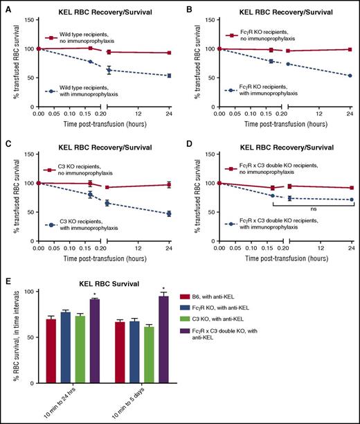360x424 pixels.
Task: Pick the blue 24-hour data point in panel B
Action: [350, 76]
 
